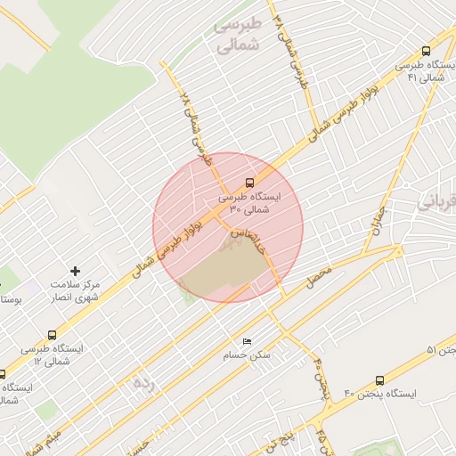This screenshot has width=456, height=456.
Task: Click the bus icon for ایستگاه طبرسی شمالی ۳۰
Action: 249,182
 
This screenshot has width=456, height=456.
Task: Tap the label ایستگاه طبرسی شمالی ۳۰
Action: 249,202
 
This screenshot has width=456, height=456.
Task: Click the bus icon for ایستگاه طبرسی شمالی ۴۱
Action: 427,51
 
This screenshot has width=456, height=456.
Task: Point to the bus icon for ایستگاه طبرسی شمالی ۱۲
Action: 53,335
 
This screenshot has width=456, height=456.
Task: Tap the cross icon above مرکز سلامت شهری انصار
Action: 75,270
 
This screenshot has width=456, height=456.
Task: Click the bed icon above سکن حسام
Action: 247,341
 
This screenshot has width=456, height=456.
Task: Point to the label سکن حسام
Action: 247,355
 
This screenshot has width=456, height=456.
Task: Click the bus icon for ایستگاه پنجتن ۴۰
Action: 380,380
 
